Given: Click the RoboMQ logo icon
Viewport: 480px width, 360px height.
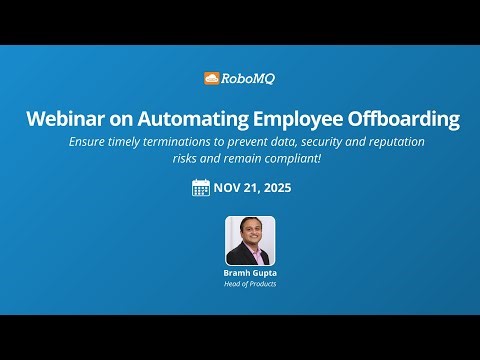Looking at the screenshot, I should tap(211, 78).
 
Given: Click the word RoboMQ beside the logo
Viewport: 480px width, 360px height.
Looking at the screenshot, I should tap(246, 78).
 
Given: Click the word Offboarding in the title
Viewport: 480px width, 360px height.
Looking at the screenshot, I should tap(405, 119).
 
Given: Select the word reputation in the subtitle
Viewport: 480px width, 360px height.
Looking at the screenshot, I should tap(392, 142).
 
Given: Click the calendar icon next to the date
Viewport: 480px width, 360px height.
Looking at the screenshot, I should tap(200, 187).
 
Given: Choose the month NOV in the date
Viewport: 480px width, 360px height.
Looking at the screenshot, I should tap(229, 187).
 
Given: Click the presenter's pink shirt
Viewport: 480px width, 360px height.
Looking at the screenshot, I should tap(249, 257).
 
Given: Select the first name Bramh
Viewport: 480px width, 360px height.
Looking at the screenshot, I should tap(236, 272).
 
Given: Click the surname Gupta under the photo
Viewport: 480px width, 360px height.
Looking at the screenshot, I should tap(263, 272).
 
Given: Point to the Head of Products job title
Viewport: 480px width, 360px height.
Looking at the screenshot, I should tap(249, 283).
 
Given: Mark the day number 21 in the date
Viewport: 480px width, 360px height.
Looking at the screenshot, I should tap(252, 187).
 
